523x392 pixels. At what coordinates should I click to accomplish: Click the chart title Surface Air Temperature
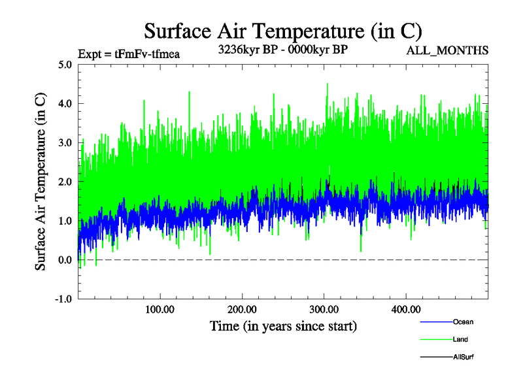click(x=283, y=31)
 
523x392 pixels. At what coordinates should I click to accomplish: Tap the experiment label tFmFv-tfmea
click(x=128, y=54)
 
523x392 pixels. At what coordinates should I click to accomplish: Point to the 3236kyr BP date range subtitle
click(x=282, y=49)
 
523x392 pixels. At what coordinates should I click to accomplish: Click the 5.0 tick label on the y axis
click(x=65, y=65)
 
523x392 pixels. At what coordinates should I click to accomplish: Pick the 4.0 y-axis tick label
click(x=65, y=104)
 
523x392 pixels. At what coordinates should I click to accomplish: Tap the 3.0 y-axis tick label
click(x=65, y=142)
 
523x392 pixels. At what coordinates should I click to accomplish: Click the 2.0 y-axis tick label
click(x=65, y=182)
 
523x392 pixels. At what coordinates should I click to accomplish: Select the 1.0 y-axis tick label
click(x=65, y=221)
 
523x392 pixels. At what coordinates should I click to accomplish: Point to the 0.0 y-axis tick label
click(x=65, y=260)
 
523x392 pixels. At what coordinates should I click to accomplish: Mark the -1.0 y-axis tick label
click(x=64, y=299)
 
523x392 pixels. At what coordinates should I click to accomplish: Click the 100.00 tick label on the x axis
click(x=160, y=308)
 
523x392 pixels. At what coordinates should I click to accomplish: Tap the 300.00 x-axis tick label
click(x=324, y=308)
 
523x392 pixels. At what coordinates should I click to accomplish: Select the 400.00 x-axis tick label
click(x=406, y=308)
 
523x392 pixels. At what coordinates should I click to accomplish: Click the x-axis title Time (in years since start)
click(x=283, y=325)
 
